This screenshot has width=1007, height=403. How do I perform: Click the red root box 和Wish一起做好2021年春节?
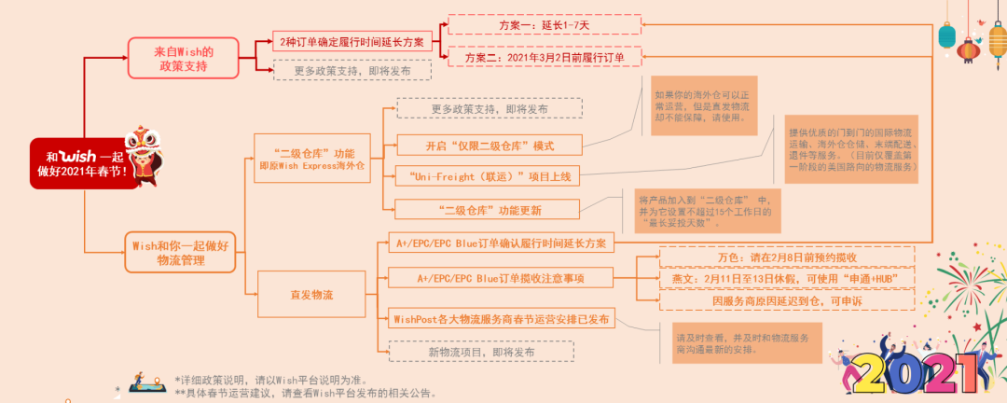84,163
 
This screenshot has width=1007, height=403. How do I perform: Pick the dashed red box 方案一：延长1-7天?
545,25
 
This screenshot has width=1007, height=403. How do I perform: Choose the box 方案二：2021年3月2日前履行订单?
545,57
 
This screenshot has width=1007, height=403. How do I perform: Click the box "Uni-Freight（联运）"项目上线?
490,175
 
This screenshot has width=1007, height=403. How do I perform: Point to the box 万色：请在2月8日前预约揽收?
786,257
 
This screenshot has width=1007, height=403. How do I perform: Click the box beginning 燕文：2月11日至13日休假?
786,278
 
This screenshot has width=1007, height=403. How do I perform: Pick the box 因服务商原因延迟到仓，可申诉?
786,300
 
